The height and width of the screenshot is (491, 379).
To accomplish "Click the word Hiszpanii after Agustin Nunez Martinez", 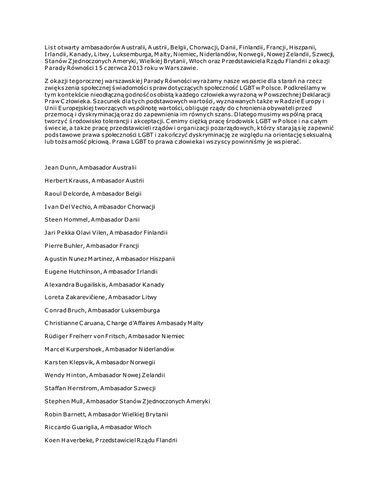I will click(x=161, y=258).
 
